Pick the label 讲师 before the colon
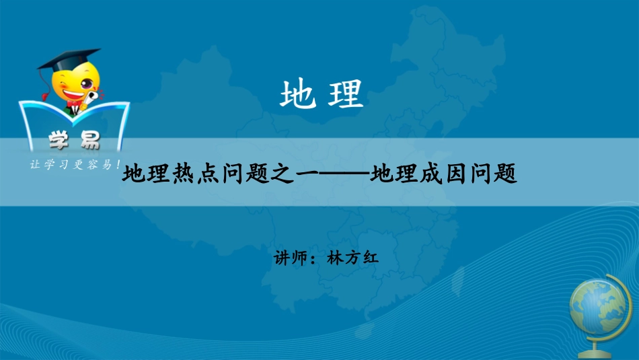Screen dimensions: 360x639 291,258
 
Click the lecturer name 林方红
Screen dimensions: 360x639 348,258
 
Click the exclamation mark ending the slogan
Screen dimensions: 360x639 118,164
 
